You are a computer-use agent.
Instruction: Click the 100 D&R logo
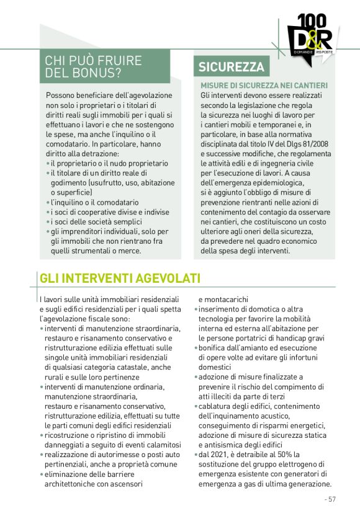[310, 37]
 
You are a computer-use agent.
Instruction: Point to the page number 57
[330, 499]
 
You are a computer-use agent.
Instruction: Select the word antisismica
[222, 445]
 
